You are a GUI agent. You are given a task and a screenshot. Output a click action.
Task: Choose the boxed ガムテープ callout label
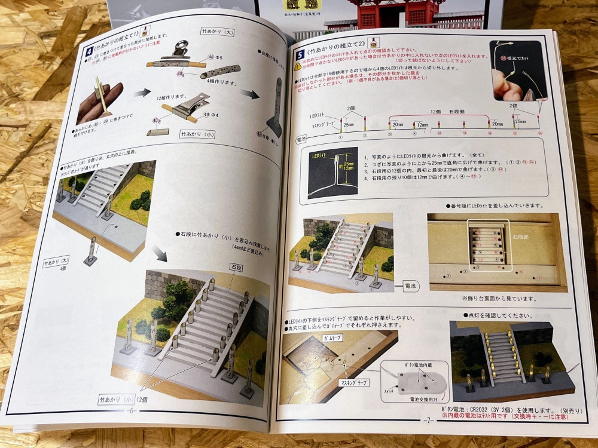coord(318,337)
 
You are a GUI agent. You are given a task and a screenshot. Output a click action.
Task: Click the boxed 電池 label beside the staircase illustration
coord(412,286)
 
